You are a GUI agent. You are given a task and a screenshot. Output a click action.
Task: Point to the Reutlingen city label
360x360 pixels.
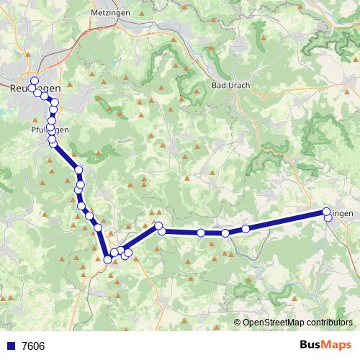point(35,87)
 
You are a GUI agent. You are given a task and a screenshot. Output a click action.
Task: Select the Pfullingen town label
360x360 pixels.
point(50,130)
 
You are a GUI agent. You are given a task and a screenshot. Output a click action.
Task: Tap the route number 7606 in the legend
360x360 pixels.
point(33,346)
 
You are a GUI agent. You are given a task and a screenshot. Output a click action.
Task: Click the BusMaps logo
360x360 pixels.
point(326,345)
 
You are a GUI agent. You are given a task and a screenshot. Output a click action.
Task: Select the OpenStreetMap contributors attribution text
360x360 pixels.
point(297,322)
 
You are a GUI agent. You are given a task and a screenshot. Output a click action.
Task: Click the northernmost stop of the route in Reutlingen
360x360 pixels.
point(34,80)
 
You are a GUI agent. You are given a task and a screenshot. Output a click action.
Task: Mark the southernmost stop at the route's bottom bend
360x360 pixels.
point(107,259)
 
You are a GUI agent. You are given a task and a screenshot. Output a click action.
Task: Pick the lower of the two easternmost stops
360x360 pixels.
point(328,217)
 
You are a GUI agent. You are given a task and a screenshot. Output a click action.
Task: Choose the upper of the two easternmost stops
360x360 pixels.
point(326,212)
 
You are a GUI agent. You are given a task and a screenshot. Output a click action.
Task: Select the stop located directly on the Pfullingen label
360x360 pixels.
point(50,130)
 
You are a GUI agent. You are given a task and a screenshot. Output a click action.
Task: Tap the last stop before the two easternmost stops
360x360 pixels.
point(246,229)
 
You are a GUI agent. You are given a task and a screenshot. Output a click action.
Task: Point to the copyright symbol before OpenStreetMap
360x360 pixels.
point(238,322)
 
